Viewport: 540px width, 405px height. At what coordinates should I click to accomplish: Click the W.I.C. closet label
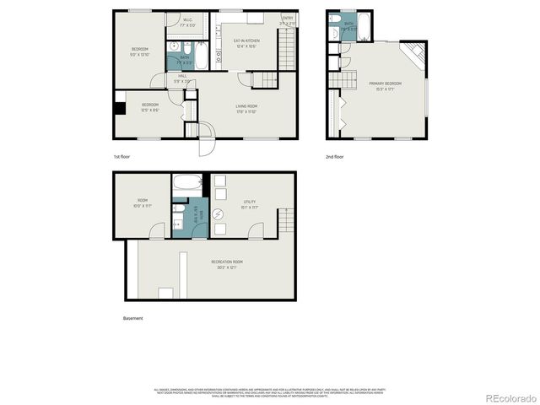click(187, 22)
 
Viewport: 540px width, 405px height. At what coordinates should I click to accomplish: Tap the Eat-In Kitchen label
click(246, 43)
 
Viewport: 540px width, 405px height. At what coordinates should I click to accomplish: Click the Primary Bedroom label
click(385, 85)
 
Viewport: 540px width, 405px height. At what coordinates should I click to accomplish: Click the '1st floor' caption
click(122, 158)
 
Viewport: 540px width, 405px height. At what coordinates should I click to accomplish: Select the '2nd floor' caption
click(335, 158)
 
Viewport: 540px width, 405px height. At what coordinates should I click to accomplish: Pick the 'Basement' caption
click(133, 318)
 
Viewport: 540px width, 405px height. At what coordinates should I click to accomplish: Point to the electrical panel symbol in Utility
click(218, 214)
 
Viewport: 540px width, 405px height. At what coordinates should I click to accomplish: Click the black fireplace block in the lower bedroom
click(120, 108)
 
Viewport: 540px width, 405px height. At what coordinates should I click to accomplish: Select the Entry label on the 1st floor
click(288, 21)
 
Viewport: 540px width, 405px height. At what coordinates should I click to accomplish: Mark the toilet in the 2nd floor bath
click(336, 20)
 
